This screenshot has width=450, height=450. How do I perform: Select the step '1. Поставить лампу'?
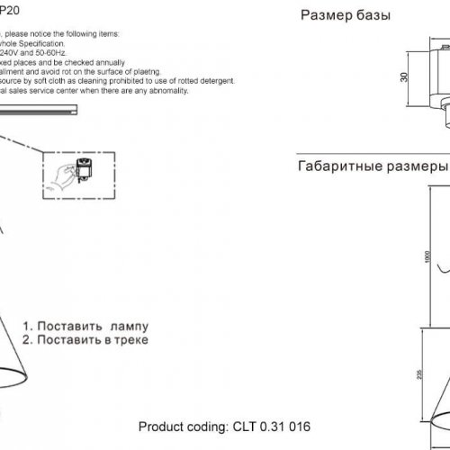click(82, 326)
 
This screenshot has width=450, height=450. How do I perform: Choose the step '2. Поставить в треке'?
click(85, 340)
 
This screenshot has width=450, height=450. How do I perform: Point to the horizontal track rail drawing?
click(40, 111)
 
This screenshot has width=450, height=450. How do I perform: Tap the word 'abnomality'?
click(188, 90)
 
